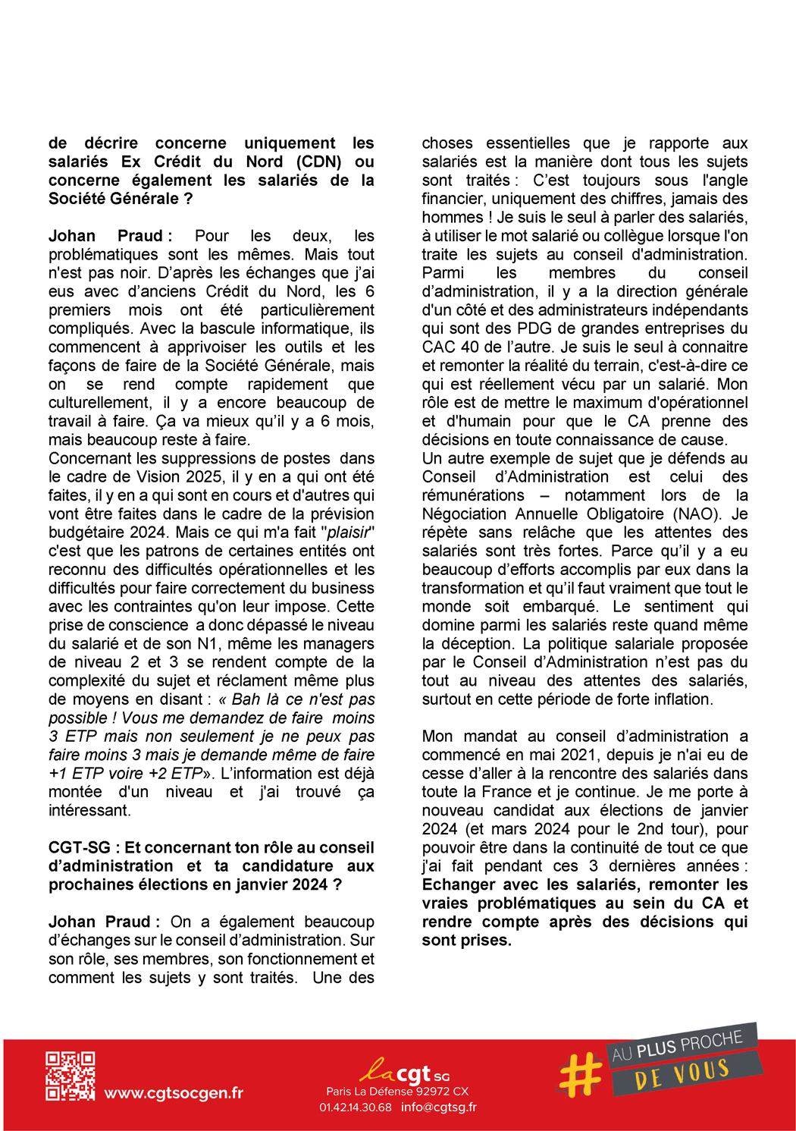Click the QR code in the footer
point(70,1076)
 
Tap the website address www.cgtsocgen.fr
point(174,1093)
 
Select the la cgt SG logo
point(404,1072)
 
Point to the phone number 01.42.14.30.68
point(356,1107)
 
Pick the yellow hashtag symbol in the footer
point(580,1075)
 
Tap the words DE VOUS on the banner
point(682,1074)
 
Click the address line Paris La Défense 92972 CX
point(397,1092)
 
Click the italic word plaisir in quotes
point(348,533)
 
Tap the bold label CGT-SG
point(79,848)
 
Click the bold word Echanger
point(458,885)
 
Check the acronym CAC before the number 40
point(439,347)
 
